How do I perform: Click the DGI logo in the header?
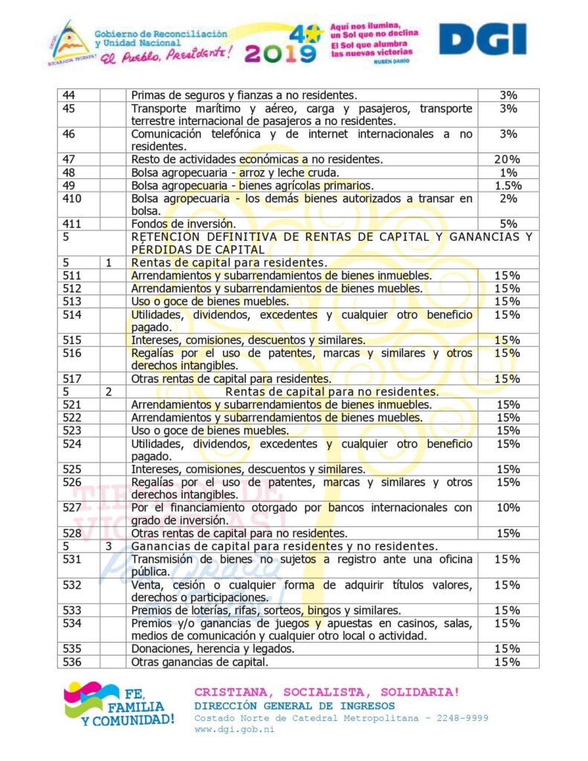point(482,39)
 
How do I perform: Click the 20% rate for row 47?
point(508,159)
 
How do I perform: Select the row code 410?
point(73,198)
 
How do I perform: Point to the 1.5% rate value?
point(508,185)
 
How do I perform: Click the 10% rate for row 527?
point(508,508)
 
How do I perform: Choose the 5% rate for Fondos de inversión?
point(508,224)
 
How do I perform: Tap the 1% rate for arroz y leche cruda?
point(508,172)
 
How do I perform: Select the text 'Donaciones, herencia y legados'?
point(213,649)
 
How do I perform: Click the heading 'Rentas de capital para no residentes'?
point(332,392)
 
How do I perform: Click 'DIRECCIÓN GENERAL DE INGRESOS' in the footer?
point(294,705)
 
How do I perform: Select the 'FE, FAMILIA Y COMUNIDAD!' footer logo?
point(119,703)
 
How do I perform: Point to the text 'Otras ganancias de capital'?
point(199,661)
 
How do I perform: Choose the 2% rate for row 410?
point(508,198)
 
